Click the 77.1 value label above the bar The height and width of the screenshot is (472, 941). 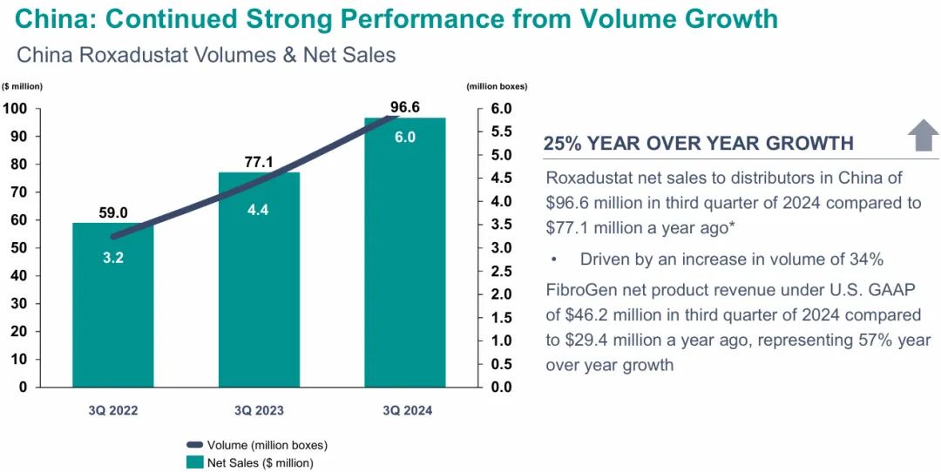(259, 162)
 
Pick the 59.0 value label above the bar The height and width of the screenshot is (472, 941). (112, 212)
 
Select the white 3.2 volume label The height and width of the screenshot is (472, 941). (112, 257)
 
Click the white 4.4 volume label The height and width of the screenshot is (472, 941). (259, 209)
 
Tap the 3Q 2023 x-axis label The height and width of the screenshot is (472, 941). (259, 409)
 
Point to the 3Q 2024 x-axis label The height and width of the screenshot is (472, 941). (405, 409)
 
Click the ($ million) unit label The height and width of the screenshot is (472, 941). (23, 85)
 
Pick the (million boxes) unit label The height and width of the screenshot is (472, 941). (497, 85)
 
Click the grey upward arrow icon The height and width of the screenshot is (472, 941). (923, 137)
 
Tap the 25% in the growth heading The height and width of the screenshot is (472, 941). (563, 144)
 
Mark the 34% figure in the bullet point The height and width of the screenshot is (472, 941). (867, 259)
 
